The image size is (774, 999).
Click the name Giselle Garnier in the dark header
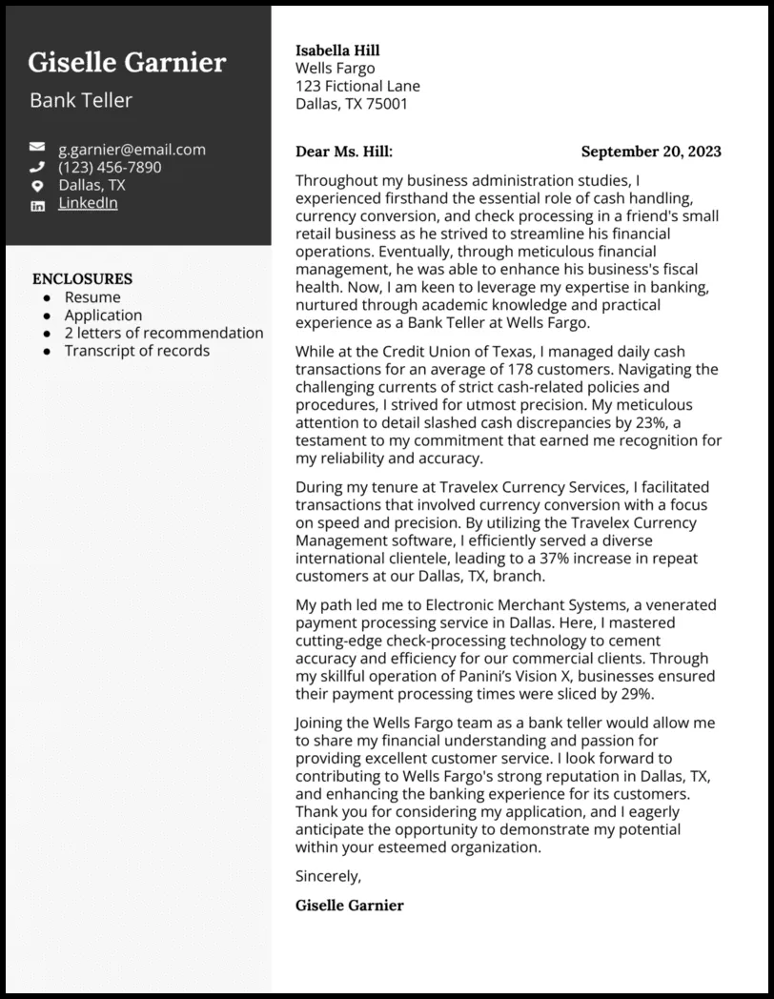click(127, 63)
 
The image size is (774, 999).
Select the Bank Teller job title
click(81, 100)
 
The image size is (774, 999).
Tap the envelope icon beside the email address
click(37, 149)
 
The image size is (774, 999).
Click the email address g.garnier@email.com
click(132, 149)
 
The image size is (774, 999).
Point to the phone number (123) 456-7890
click(110, 167)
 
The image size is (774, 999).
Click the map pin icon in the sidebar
click(37, 186)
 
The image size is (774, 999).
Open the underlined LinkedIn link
click(88, 203)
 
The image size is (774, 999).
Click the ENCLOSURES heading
click(82, 279)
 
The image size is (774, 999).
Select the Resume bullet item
click(92, 297)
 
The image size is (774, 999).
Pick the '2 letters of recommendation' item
click(164, 333)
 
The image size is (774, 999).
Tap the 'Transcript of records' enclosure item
click(136, 351)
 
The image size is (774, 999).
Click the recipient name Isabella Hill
click(337, 51)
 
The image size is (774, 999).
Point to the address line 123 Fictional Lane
click(357, 86)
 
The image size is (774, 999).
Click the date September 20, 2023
click(650, 152)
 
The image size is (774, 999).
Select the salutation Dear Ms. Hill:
click(344, 152)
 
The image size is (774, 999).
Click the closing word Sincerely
click(328, 875)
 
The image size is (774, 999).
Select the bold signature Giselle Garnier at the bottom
click(350, 905)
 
